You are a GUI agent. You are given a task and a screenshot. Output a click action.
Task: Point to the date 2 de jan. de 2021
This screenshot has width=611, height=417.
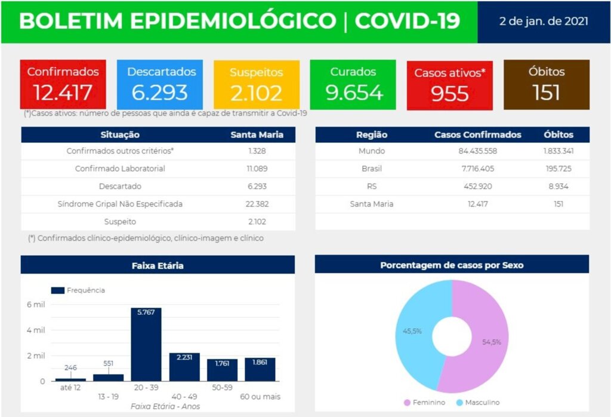coord(544,22)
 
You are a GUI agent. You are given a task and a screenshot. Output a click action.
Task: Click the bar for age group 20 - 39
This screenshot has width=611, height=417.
coord(146,347)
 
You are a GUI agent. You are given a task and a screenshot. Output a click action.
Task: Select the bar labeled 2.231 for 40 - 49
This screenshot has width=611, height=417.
coord(184,367)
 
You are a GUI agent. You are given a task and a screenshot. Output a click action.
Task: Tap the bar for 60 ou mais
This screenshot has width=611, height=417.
coord(260,370)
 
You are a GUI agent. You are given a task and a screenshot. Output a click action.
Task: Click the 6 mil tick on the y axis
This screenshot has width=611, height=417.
coord(35,305)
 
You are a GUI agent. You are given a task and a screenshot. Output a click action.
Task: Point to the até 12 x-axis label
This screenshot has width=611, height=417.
coord(70,388)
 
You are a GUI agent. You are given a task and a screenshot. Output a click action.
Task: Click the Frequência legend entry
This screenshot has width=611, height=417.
coord(78,290)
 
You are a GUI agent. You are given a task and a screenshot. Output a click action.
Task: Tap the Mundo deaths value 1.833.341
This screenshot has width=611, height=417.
coord(558,151)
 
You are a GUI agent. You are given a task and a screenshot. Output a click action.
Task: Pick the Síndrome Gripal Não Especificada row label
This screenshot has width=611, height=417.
coord(120,204)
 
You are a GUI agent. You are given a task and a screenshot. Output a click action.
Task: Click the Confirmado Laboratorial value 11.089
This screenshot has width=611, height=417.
coord(257,169)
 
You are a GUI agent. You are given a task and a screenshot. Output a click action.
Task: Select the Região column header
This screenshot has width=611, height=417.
coord(371,134)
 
